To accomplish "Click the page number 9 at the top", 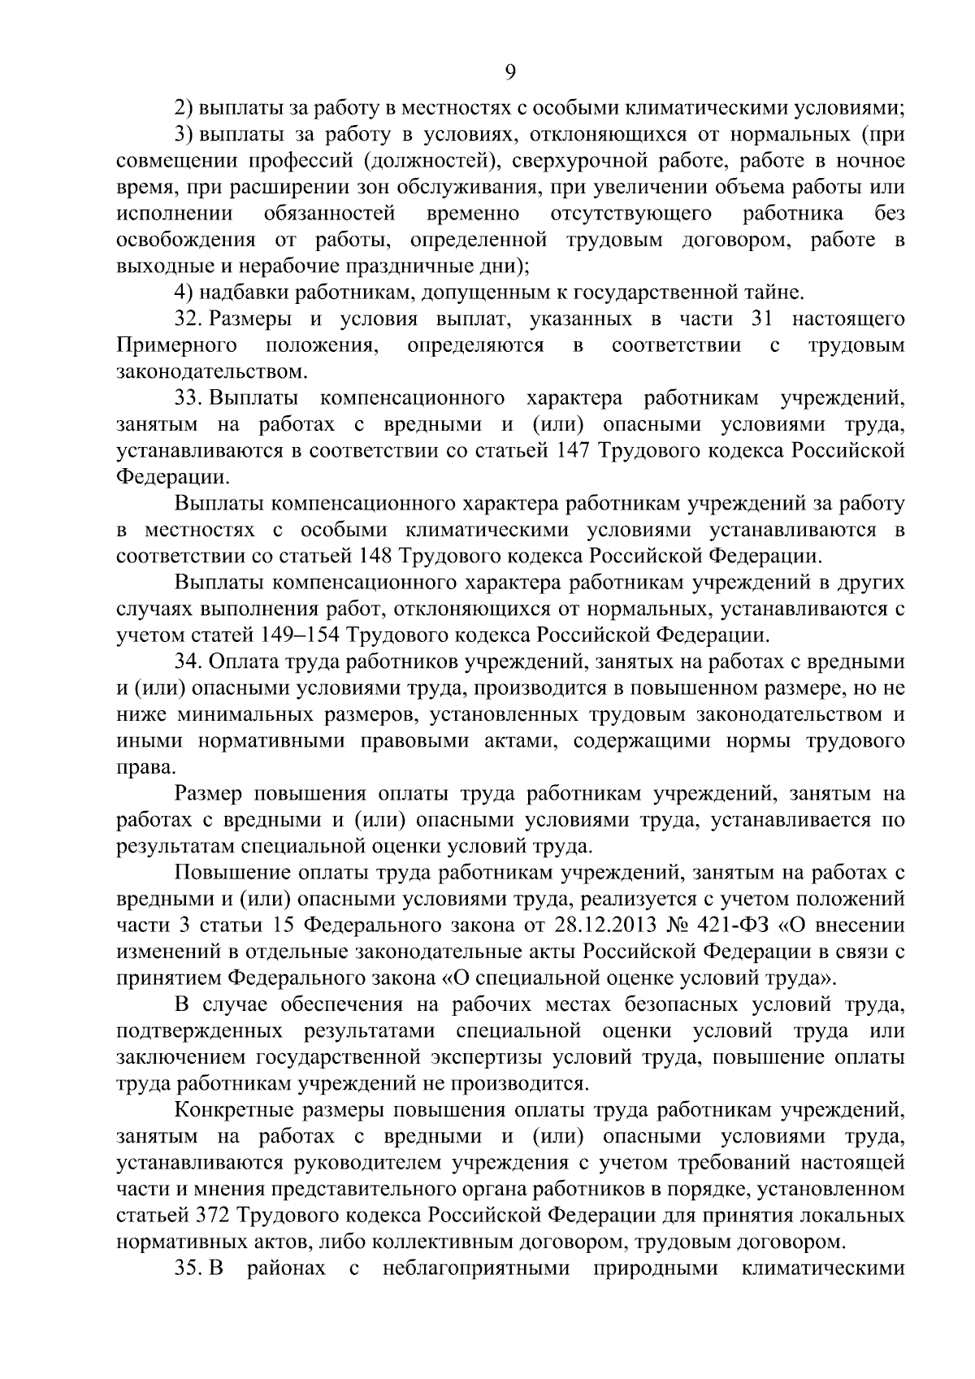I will [x=510, y=72].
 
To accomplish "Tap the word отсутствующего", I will [x=631, y=214].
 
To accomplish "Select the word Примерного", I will [x=177, y=346].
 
